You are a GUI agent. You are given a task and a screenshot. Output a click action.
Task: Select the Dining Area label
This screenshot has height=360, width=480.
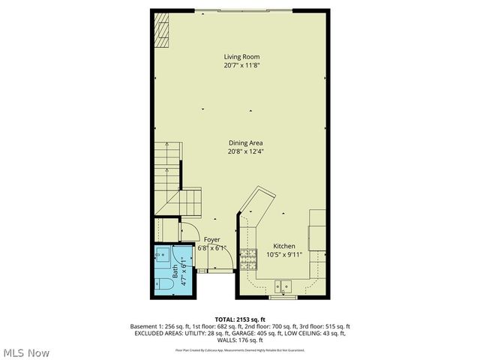pos(246,142)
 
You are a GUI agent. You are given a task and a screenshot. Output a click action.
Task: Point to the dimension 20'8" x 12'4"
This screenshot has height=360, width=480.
pos(246,151)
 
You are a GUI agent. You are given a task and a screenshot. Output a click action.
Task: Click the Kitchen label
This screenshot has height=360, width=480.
pos(283,246)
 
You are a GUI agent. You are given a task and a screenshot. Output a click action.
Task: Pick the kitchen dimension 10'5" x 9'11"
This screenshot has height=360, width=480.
pos(283,255)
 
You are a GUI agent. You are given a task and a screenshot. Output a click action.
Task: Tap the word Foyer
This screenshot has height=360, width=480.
pos(212,239)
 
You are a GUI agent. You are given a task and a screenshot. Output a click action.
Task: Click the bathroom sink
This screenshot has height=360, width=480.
pos(161,257)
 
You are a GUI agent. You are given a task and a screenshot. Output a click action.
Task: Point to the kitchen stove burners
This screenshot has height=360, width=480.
pos(248,259)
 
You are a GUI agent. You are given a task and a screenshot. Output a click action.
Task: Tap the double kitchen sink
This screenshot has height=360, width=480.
pos(283,285)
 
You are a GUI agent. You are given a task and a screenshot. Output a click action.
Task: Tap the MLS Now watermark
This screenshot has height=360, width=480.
pos(26,352)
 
